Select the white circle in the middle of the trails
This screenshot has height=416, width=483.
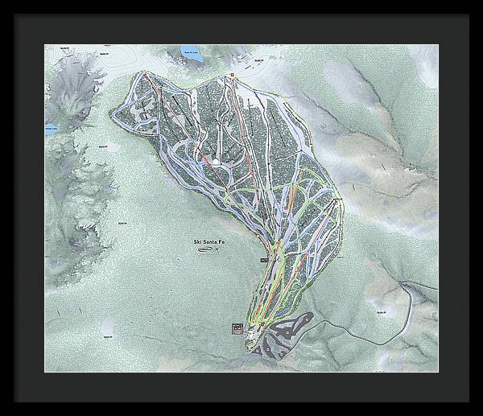point(216,162)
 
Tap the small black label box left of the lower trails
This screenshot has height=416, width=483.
point(263,262)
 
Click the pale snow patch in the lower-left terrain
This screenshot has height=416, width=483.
point(107,325)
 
